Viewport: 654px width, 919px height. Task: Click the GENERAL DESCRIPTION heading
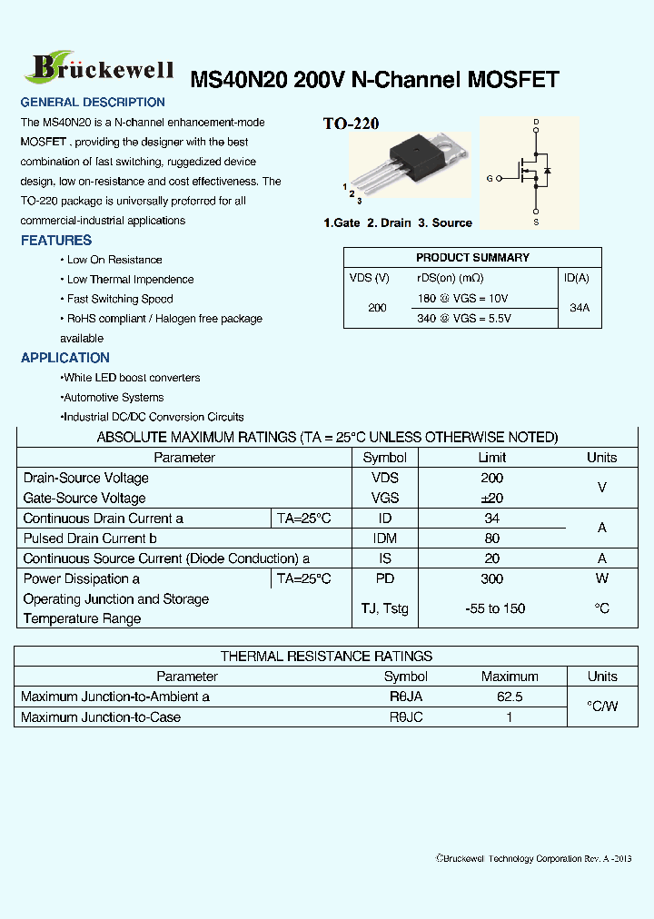93,103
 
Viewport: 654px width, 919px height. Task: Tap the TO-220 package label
351,124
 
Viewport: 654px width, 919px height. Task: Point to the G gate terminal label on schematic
490,179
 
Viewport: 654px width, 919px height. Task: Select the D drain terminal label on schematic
536,122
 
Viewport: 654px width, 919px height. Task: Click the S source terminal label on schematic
536,222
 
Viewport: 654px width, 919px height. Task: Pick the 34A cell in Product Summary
579,308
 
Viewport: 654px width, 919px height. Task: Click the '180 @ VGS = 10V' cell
462,299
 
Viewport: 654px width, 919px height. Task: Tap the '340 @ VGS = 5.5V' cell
463,319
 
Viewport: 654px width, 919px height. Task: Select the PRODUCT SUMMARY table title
472,258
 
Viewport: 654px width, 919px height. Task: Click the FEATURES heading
56,241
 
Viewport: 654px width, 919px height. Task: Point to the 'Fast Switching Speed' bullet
119,299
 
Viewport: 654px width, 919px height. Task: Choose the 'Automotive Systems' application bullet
113,398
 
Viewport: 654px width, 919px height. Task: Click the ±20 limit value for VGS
491,498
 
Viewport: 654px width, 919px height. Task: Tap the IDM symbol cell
385,539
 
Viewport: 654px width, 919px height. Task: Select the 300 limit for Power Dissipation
491,578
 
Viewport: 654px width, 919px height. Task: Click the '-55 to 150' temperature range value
494,608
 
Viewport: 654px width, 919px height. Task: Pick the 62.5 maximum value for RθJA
509,697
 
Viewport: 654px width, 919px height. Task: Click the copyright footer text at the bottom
533,858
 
